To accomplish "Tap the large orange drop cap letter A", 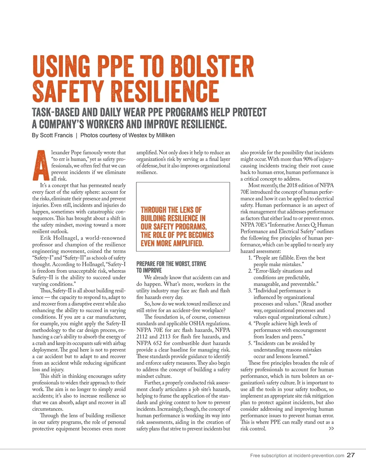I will coord(40,165).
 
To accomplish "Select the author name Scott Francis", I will coord(56,135).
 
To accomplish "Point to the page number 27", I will coord(351,455).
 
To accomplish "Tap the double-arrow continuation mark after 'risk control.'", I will coord(331,429).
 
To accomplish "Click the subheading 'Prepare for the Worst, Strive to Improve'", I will coord(171,267).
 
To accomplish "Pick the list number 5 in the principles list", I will coord(249,343).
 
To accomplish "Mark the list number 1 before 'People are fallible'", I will coord(249,258).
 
